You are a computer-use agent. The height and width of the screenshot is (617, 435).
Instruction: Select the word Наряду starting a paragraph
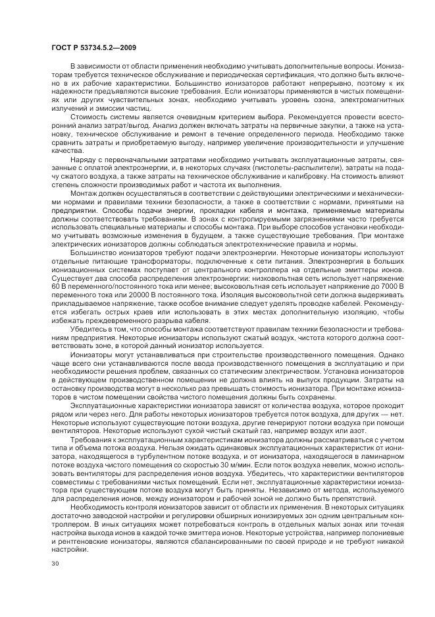point(84,160)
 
